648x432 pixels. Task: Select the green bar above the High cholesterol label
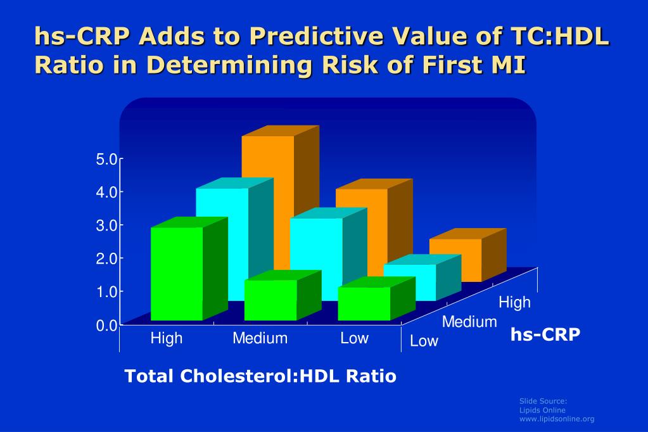pos(177,273)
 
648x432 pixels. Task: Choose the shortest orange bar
pos(455,260)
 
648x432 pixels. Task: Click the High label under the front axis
pos(166,338)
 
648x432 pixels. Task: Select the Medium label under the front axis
pos(260,338)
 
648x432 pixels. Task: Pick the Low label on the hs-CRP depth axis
pos(424,341)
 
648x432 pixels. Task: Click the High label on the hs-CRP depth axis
pos(514,302)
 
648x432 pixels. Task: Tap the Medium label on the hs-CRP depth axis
pos(469,322)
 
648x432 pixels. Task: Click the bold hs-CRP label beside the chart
pos(545,334)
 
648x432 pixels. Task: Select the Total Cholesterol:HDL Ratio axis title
pos(260,376)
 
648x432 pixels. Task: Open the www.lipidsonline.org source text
pos(557,419)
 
